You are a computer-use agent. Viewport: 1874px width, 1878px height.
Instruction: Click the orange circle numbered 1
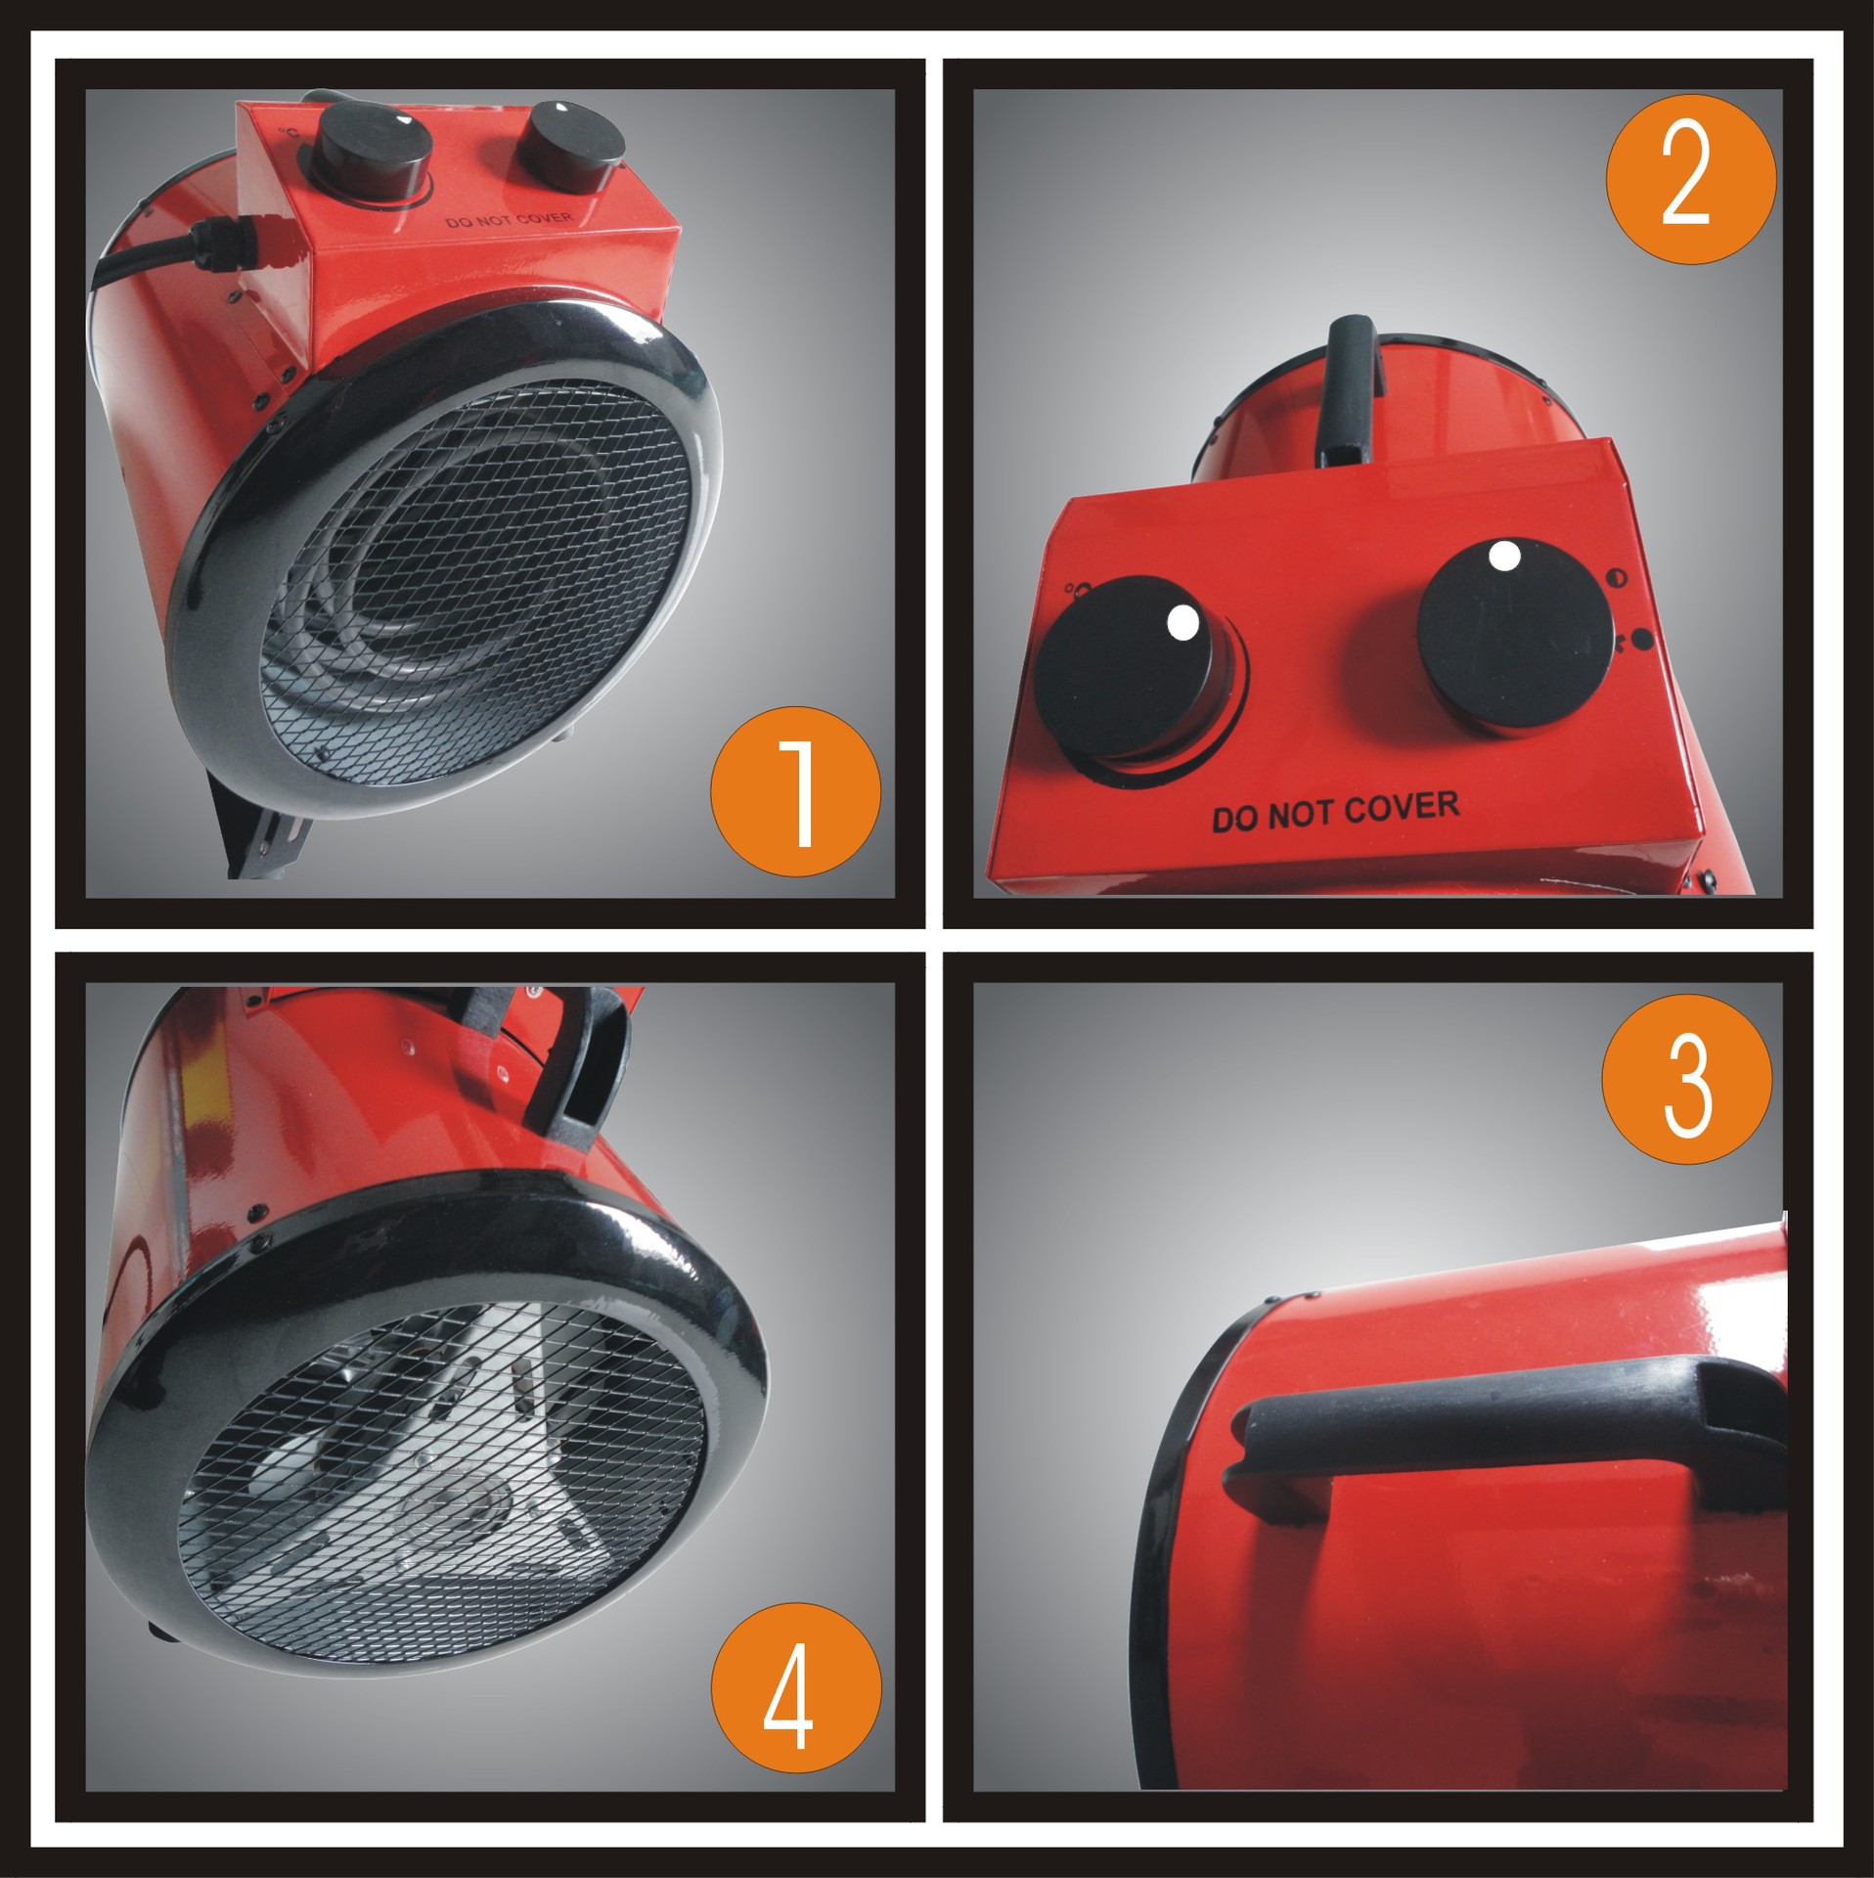[795, 790]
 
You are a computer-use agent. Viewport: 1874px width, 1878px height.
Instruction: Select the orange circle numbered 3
[1686, 1080]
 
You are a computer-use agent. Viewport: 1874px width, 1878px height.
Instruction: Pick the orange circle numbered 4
[795, 1689]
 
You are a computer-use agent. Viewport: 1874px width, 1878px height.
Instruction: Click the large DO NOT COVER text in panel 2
[1335, 811]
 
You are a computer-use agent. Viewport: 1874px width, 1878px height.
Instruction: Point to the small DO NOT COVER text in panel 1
[509, 220]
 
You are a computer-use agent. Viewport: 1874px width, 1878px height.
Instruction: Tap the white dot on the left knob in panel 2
[1182, 622]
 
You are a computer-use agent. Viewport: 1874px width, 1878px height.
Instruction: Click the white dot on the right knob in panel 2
[1504, 556]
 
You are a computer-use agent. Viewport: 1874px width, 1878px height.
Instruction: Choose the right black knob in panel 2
[1514, 637]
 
